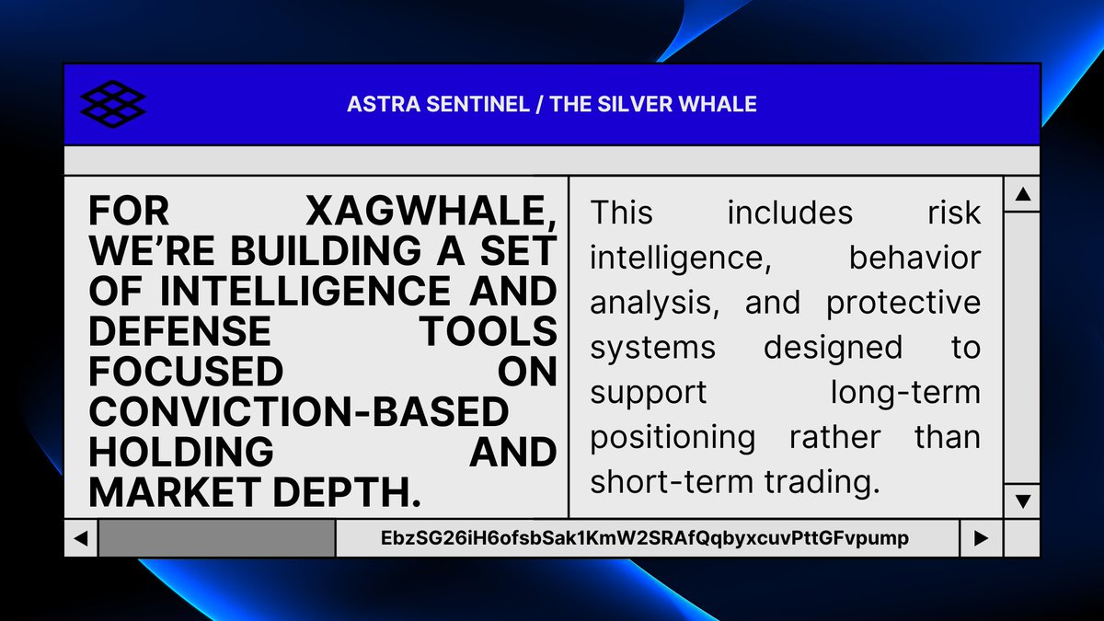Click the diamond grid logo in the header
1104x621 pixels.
click(113, 104)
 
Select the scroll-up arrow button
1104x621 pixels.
click(1022, 194)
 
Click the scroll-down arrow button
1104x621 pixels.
click(1022, 501)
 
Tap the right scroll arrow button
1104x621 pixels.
click(981, 538)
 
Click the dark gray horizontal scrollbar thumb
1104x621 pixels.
click(216, 538)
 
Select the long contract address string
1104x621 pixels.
click(645, 538)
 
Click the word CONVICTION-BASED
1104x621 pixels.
click(298, 411)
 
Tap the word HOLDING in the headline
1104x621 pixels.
click(180, 452)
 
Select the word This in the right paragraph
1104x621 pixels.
click(622, 213)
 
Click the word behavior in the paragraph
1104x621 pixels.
click(914, 258)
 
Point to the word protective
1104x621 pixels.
click(903, 303)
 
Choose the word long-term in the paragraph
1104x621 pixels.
click(905, 392)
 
